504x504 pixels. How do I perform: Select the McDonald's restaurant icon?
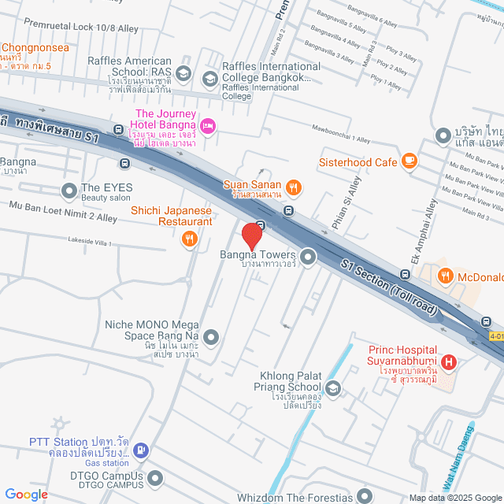click(x=446, y=276)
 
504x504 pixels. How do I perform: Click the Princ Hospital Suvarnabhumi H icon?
click(x=449, y=362)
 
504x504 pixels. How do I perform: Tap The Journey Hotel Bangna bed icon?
click(x=208, y=125)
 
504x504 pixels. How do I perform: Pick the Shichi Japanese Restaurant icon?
click(x=189, y=239)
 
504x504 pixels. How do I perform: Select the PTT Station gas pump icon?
click(x=140, y=450)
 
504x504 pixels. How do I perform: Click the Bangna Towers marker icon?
click(x=307, y=256)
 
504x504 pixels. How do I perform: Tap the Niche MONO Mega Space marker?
click(x=210, y=338)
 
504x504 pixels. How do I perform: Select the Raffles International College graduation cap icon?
click(x=209, y=78)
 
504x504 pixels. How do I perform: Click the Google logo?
click(x=25, y=494)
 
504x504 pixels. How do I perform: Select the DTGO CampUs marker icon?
click(x=155, y=478)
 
